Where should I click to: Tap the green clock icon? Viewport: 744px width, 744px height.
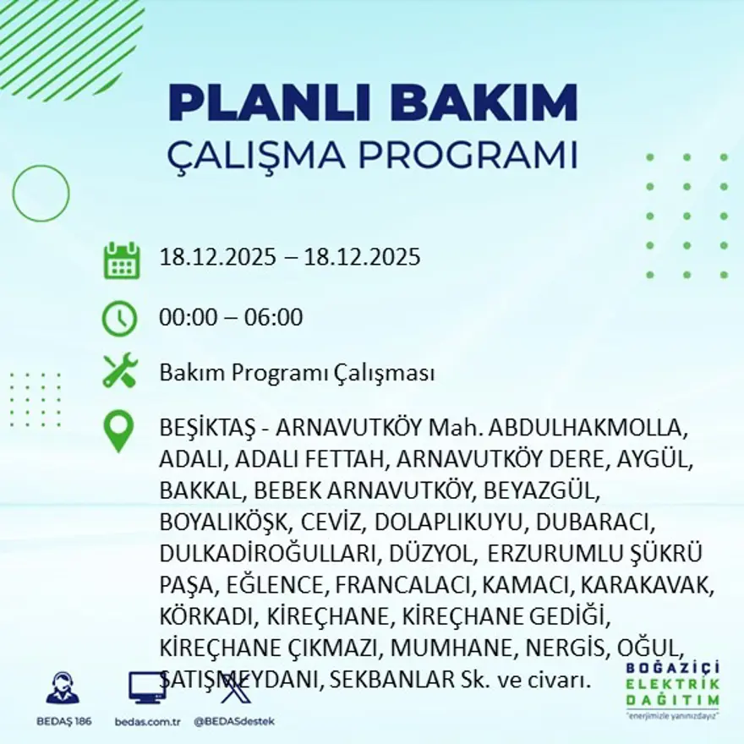click(119, 318)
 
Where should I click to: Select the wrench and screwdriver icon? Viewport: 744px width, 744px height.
click(120, 371)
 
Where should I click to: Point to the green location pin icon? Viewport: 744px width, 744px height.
click(119, 430)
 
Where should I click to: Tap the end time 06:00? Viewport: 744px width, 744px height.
click(273, 318)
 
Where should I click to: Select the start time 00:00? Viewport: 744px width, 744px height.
click(188, 318)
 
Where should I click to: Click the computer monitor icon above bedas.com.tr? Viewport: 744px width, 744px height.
click(147, 687)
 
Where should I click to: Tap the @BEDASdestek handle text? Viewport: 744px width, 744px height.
click(233, 721)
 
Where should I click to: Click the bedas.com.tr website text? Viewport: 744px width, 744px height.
click(148, 721)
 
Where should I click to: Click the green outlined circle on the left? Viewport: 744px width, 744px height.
click(41, 194)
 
